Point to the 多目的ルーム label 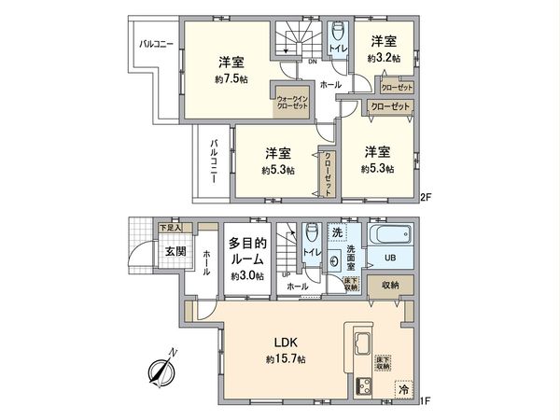tap(247, 249)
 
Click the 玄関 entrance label tap(175, 251)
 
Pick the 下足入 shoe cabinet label tap(170, 228)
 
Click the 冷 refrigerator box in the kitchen tap(403, 389)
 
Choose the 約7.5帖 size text tap(231, 79)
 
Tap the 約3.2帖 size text tap(384, 58)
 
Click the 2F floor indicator tap(426, 197)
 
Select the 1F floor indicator tap(426, 401)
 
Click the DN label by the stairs tap(312, 63)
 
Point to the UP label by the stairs tap(286, 273)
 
